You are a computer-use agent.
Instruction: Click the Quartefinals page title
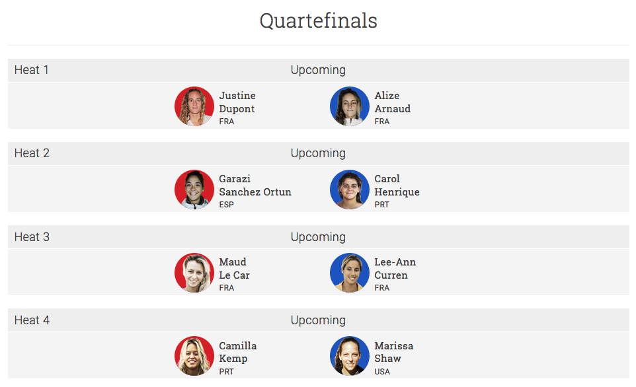pyautogui.click(x=319, y=21)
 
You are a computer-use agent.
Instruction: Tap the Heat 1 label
pyautogui.click(x=32, y=70)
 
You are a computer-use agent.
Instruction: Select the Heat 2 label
pyautogui.click(x=32, y=153)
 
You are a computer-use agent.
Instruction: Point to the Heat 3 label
pyautogui.click(x=32, y=236)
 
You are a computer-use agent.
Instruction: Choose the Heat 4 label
pyautogui.click(x=32, y=320)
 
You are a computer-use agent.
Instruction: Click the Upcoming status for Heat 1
pyautogui.click(x=318, y=70)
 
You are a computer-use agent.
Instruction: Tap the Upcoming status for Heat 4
pyautogui.click(x=318, y=320)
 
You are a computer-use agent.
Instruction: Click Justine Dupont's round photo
pyautogui.click(x=194, y=106)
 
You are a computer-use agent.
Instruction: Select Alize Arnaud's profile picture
pyautogui.click(x=350, y=106)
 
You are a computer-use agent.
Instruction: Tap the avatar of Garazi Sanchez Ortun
pyautogui.click(x=194, y=190)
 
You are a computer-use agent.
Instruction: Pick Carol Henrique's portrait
pyautogui.click(x=350, y=190)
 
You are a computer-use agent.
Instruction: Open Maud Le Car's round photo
pyautogui.click(x=194, y=273)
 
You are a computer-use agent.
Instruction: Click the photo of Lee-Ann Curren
pyautogui.click(x=350, y=273)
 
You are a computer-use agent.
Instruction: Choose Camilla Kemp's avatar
pyautogui.click(x=194, y=356)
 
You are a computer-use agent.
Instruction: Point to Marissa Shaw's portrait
pyautogui.click(x=350, y=356)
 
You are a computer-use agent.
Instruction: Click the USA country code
pyautogui.click(x=382, y=372)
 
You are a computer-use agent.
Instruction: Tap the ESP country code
pyautogui.click(x=226, y=205)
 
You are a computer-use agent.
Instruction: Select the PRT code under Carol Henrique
pyautogui.click(x=381, y=205)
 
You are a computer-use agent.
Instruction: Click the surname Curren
pyautogui.click(x=391, y=275)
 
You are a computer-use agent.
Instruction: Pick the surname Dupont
pyautogui.click(x=237, y=109)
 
